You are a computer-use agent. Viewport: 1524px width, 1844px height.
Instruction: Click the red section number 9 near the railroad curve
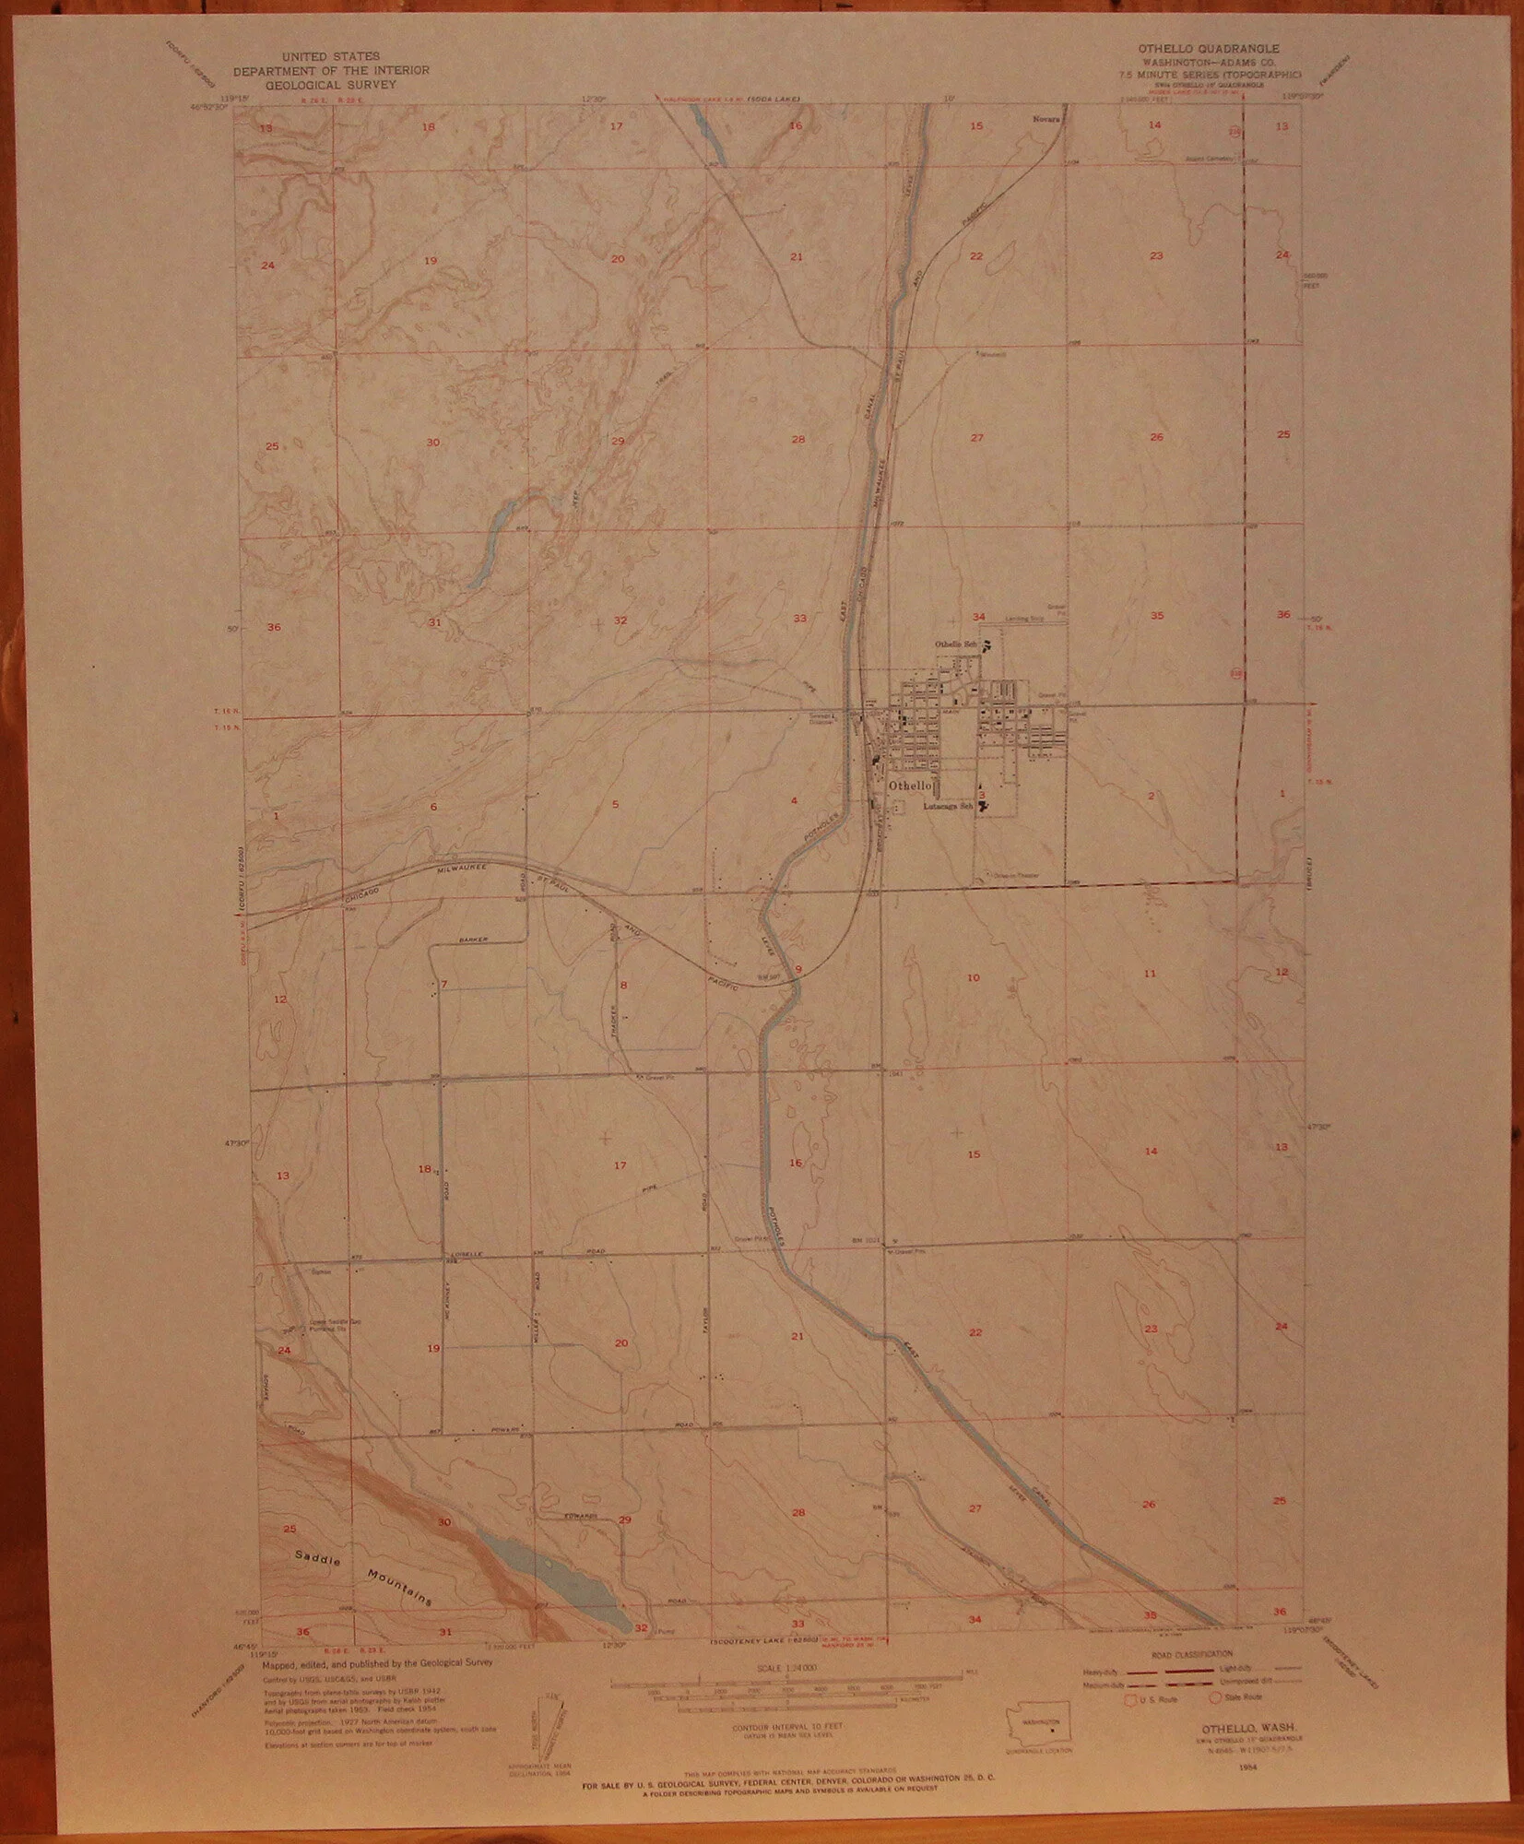coord(798,967)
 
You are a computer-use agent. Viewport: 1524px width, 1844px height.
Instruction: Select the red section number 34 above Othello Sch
coord(979,616)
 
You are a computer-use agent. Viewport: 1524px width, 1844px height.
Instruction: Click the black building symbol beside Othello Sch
coord(987,645)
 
